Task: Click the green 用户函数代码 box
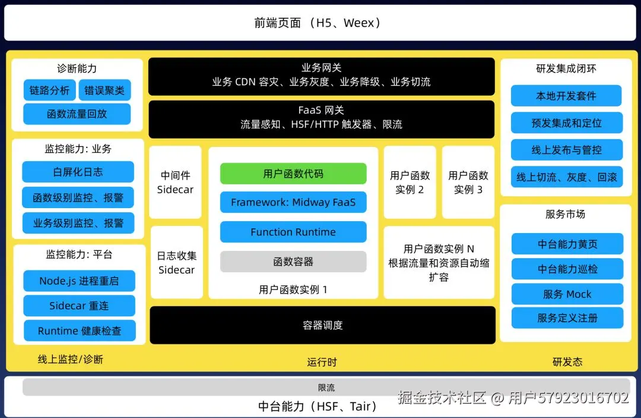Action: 293,174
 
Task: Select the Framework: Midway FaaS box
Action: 293,202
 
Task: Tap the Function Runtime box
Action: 293,232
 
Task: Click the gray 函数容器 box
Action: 293,262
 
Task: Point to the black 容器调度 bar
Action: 322,325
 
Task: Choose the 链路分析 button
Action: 49,90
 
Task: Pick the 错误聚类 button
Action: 104,90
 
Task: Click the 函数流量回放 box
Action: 77,114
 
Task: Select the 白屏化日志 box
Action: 78,172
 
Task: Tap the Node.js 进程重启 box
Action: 79,281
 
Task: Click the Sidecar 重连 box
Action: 79,306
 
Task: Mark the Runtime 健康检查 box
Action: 79,331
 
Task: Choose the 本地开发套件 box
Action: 566,96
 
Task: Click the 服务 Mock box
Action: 567,294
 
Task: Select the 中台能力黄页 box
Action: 567,244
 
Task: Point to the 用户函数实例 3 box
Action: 468,183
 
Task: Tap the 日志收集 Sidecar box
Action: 176,262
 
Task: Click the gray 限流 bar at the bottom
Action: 326,388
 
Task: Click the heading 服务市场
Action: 565,214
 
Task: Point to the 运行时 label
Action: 322,362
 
